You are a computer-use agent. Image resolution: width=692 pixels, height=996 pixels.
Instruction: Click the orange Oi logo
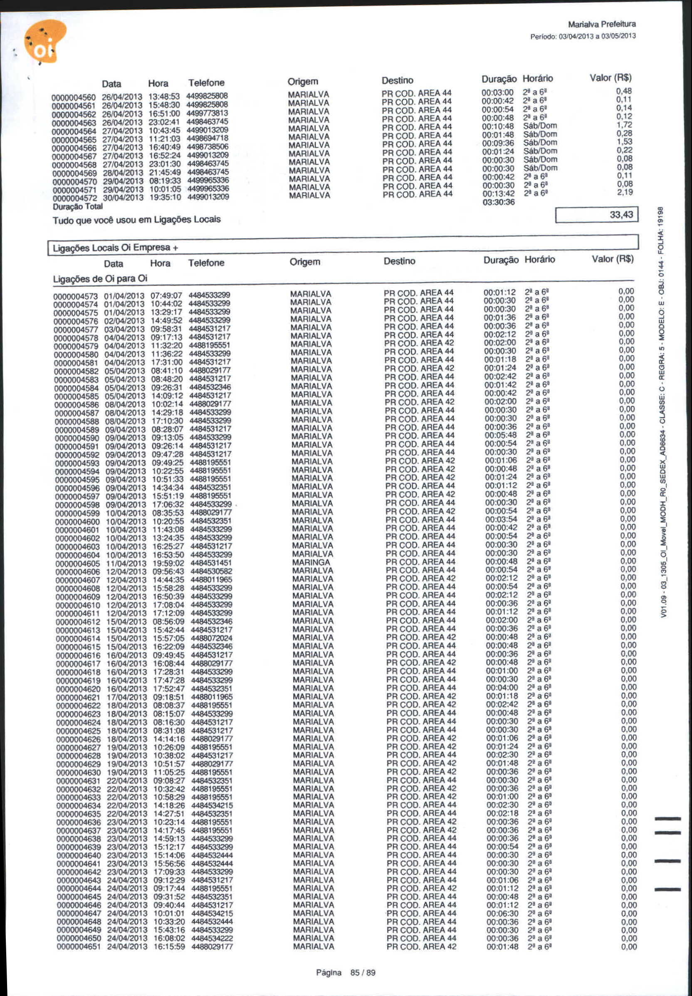pyautogui.click(x=44, y=42)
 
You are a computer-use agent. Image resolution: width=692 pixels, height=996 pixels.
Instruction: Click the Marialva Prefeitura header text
pyautogui.click(x=601, y=24)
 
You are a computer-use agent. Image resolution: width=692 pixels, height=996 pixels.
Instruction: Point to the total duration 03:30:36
pyautogui.click(x=498, y=202)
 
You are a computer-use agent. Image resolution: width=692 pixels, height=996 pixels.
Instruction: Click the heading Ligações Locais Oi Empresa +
pyautogui.click(x=115, y=248)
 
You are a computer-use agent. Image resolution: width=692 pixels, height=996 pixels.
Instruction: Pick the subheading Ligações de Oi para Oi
pyautogui.click(x=100, y=278)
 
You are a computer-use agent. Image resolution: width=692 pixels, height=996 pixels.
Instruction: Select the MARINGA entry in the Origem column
pyautogui.click(x=311, y=562)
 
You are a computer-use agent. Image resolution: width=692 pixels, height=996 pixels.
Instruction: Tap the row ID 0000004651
pyautogui.click(x=79, y=946)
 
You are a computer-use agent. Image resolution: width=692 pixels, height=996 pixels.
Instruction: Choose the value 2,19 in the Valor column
pyautogui.click(x=625, y=192)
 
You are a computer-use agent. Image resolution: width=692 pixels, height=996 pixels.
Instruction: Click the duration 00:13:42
pyautogui.click(x=498, y=193)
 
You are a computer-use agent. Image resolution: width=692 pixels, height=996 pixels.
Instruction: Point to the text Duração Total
pyautogui.click(x=78, y=207)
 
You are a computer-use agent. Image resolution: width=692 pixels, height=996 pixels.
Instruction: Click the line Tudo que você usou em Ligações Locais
pyautogui.click(x=136, y=220)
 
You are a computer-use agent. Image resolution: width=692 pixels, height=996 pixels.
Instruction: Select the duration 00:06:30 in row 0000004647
pyautogui.click(x=502, y=913)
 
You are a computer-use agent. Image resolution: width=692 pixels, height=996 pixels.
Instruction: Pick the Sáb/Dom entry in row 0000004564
pyautogui.click(x=540, y=126)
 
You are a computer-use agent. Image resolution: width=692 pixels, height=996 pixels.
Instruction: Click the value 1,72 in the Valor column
pyautogui.click(x=624, y=125)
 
